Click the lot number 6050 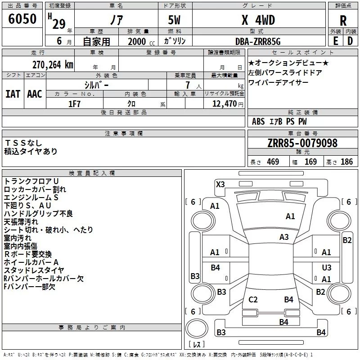pyautogui.click(x=22, y=19)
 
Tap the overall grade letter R pyautogui.click(x=343, y=21)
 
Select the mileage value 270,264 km pyautogui.click(x=53, y=65)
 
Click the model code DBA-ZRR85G pyautogui.click(x=258, y=41)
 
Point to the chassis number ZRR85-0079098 pyautogui.click(x=302, y=143)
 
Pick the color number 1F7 pyautogui.click(x=74, y=104)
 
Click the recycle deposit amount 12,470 pyautogui.click(x=225, y=104)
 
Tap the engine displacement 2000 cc pyautogui.click(x=141, y=42)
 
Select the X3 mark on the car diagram pyautogui.click(x=220, y=184)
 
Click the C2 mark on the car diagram pyautogui.click(x=253, y=299)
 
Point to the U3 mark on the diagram pyautogui.click(x=327, y=267)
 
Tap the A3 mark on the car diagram pyautogui.click(x=284, y=237)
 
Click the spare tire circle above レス pyautogui.click(x=197, y=328)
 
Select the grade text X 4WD pyautogui.click(x=258, y=20)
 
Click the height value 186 pyautogui.click(x=346, y=162)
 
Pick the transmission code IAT pyautogui.click(x=13, y=94)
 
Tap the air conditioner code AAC pyautogui.click(x=35, y=94)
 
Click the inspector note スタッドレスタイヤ pyautogui.click(x=34, y=270)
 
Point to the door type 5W pyautogui.click(x=174, y=20)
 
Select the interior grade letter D pyautogui.click(x=350, y=41)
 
